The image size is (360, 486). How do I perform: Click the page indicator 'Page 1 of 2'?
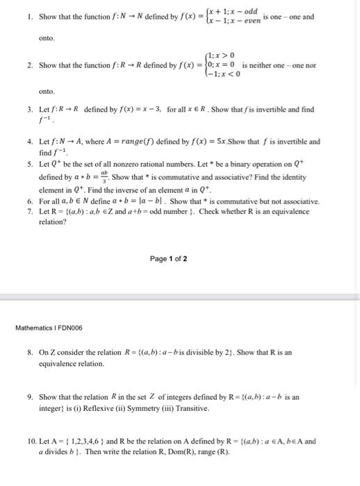[168, 259]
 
